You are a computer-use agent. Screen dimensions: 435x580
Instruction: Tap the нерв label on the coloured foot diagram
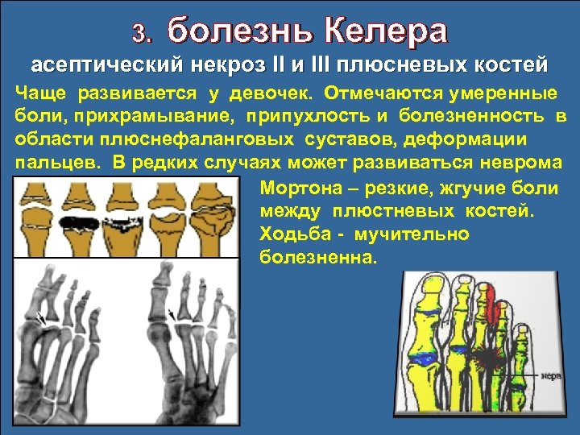click(551, 375)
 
